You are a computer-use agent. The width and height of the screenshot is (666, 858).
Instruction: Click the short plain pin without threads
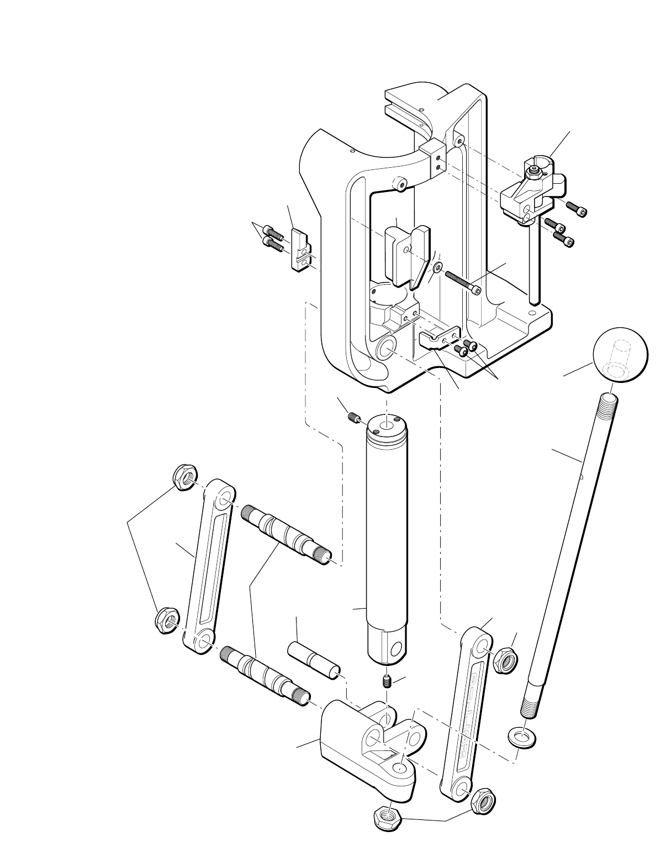pos(313,658)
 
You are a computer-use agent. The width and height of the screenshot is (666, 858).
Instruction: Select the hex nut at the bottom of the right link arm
pos(483,798)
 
